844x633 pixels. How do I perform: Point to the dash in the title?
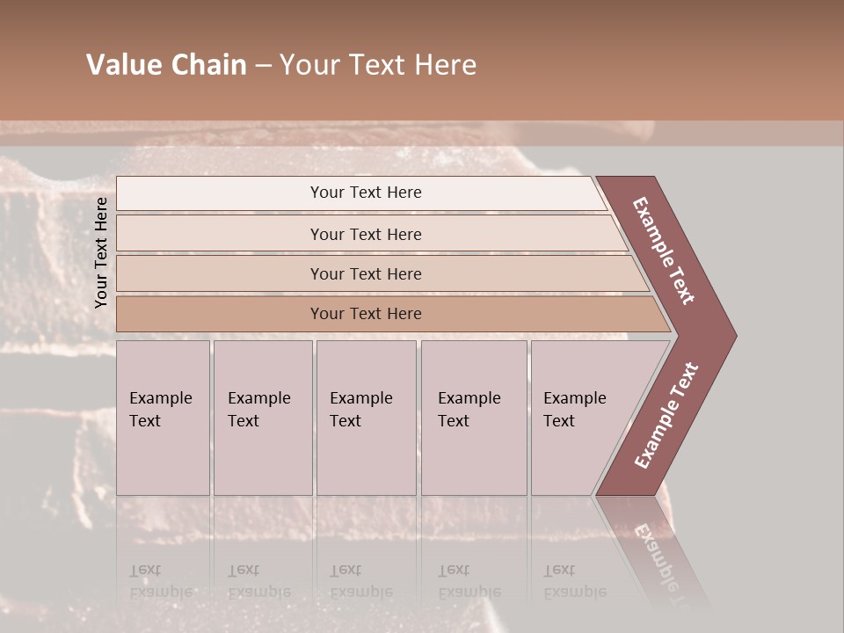click(263, 66)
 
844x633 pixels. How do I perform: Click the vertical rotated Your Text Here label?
click(101, 253)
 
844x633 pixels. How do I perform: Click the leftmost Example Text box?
click(163, 418)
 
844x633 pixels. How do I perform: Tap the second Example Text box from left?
click(262, 418)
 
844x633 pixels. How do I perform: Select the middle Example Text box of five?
click(366, 418)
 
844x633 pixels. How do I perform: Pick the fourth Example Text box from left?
click(473, 418)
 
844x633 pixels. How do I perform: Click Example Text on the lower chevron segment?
click(666, 416)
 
